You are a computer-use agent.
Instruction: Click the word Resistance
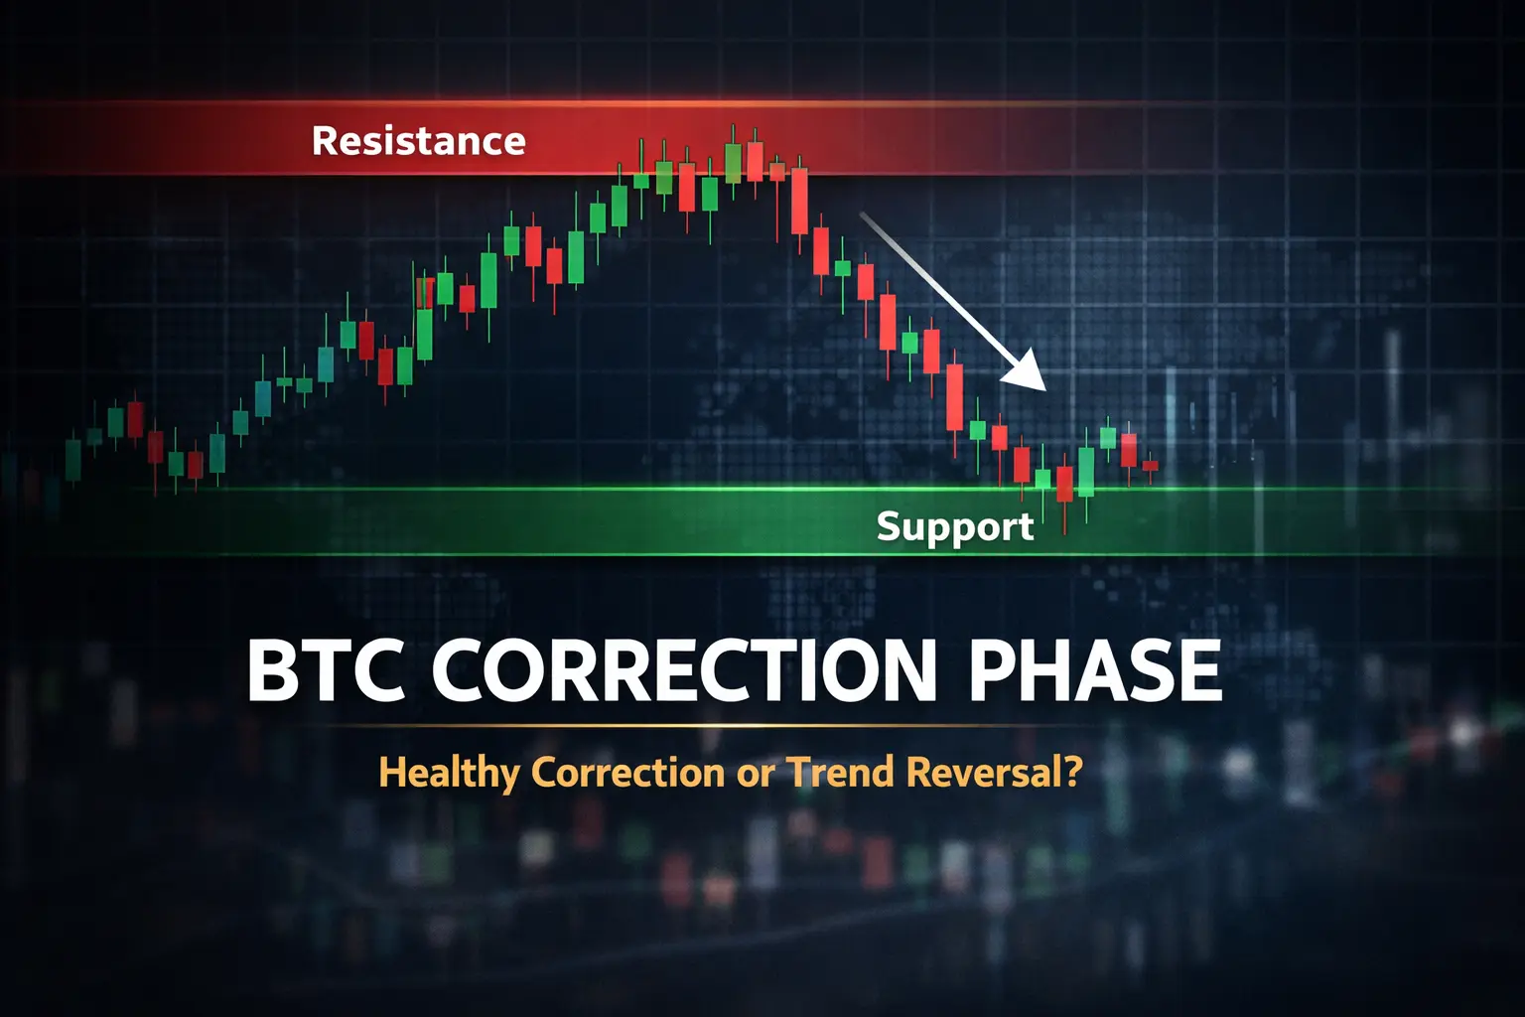point(419,141)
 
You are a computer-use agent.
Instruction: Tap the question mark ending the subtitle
point(1073,772)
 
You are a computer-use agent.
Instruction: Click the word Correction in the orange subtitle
point(627,773)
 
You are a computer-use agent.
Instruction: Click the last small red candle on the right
point(1151,466)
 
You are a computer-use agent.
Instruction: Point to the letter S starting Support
point(890,525)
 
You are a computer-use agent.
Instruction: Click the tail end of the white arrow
point(862,214)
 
